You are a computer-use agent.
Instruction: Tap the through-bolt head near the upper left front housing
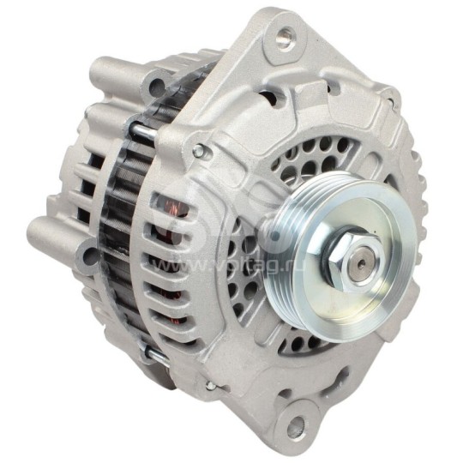pos(199,152)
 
